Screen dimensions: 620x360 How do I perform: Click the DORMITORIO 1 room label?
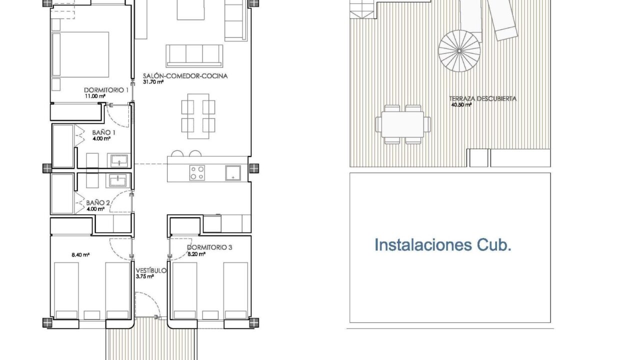point(106,90)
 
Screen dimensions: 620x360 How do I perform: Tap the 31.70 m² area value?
point(153,82)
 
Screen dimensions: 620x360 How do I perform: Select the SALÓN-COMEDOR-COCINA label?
point(185,76)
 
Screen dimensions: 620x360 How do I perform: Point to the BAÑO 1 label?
point(104,132)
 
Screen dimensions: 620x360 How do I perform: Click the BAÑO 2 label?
point(98,203)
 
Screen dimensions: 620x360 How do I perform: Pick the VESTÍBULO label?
point(151,270)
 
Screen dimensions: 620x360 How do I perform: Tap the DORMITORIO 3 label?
point(209,247)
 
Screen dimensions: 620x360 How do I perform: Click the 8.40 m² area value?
point(80,255)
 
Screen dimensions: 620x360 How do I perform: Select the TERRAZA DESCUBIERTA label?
point(482,98)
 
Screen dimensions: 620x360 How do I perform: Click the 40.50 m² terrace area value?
point(461,105)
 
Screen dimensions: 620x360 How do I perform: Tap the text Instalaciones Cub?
point(443,245)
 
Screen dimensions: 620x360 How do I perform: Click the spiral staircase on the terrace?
point(459,51)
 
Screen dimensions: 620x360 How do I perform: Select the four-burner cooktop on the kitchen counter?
point(197,173)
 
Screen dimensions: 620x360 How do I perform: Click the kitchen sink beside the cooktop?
point(233,173)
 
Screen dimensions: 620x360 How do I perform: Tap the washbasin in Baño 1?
point(119,160)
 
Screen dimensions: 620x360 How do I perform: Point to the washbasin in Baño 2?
point(117,180)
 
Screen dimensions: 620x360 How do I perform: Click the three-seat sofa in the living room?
point(194,56)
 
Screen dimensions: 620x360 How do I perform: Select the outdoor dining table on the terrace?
point(402,124)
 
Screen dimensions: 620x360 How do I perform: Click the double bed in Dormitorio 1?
point(80,54)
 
